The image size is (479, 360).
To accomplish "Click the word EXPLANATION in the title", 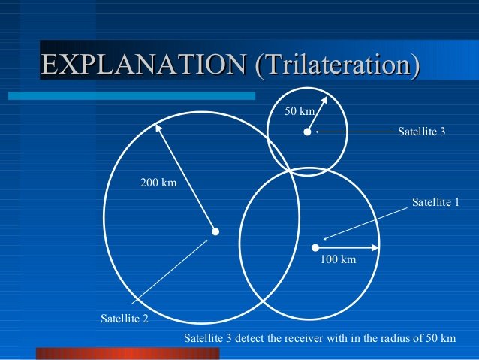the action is point(143,64).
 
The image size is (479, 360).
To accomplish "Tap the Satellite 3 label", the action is point(422,132).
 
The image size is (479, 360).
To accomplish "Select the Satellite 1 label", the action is point(435,202).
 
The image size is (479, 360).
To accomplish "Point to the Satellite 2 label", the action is point(125,319).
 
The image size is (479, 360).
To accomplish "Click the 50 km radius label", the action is point(300,111).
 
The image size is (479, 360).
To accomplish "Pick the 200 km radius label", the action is point(158,183).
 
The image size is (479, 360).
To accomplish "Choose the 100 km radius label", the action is point(338,259).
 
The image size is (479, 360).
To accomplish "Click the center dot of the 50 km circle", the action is point(307,132).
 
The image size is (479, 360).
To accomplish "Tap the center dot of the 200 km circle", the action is point(215,231).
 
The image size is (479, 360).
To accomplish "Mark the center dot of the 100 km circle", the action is point(315,247).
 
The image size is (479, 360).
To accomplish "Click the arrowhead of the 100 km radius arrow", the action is point(375,247).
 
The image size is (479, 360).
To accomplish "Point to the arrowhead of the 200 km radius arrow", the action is point(158,128).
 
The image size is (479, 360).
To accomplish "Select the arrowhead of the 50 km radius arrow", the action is point(324,100).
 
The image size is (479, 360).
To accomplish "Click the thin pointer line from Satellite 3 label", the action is point(355,132).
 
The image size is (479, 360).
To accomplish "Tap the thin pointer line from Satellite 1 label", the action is point(366,223).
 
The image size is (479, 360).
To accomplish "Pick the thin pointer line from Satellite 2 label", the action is point(170,272).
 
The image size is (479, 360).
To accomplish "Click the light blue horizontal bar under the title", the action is point(131,95).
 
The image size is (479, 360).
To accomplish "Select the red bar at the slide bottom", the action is point(128,353).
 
